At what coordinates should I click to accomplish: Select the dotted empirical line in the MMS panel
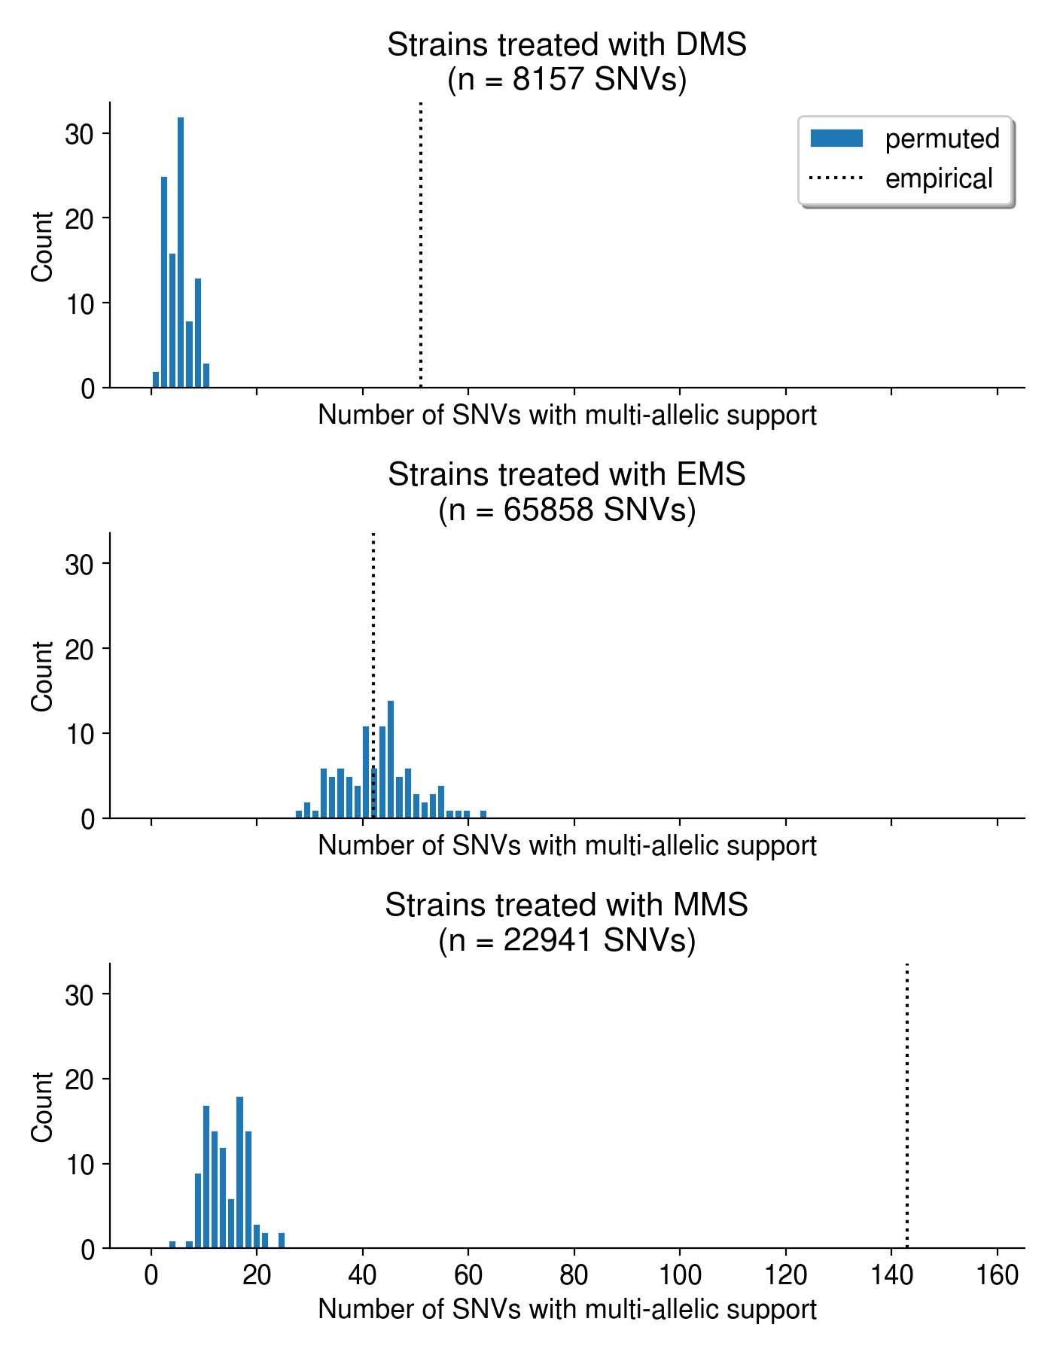tap(907, 1107)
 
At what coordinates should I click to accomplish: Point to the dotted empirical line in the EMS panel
tap(373, 640)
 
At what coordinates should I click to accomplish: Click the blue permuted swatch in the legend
tap(836, 139)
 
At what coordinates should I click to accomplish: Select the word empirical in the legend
tap(939, 179)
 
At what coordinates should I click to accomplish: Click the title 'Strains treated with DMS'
tap(567, 45)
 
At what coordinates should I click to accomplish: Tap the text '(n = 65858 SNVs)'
tap(567, 510)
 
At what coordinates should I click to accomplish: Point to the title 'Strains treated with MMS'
tap(567, 905)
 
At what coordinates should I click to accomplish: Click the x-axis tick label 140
tap(891, 1275)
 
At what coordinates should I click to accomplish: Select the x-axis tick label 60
tap(468, 1275)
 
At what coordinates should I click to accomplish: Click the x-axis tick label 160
tap(998, 1275)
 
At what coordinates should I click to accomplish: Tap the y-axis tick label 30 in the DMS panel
tap(79, 135)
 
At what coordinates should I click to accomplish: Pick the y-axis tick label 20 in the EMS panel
tap(79, 650)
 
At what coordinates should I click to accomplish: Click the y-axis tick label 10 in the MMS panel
tap(79, 1165)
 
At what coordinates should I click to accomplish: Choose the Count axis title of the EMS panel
tap(43, 676)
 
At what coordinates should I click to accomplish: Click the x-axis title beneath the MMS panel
tap(567, 1309)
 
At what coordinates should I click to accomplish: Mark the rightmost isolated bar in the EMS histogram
tap(483, 814)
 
